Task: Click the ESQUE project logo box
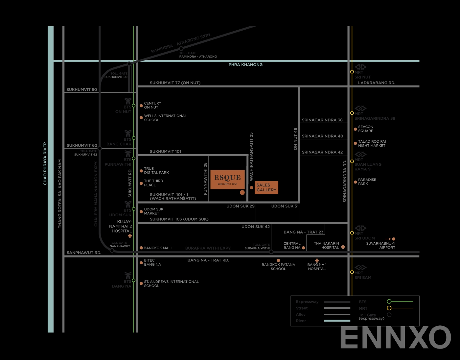[x=227, y=180]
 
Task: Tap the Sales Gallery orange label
[x=266, y=187]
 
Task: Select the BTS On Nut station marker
[x=134, y=106]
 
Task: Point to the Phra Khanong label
[x=245, y=65]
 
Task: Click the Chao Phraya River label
[x=45, y=163]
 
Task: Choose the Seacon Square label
[x=365, y=129]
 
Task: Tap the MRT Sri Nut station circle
[x=352, y=72]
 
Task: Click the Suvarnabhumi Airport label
[x=380, y=246]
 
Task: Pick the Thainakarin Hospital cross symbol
[x=343, y=247]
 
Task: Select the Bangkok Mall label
[x=158, y=248]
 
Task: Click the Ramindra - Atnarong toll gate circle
[x=181, y=49]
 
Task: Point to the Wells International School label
[x=165, y=118]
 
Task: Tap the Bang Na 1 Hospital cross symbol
[x=317, y=261]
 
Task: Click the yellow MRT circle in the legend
[x=389, y=308]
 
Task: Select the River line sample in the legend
[x=337, y=321]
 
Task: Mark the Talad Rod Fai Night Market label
[x=372, y=144]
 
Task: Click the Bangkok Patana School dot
[x=278, y=260]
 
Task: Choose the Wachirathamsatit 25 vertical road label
[x=251, y=156]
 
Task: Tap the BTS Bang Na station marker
[x=134, y=280]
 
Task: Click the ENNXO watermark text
[x=395, y=338]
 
